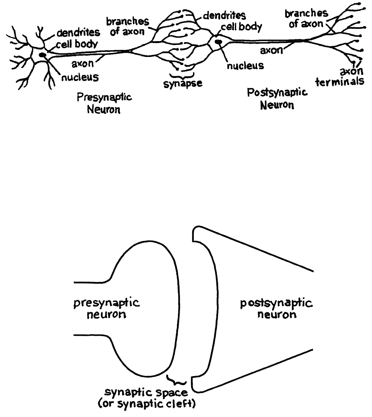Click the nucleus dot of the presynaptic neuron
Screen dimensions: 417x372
coord(43,55)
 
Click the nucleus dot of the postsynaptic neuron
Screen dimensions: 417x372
coord(218,43)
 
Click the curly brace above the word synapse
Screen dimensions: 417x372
coord(182,75)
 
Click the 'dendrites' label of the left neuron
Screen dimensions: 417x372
coord(78,33)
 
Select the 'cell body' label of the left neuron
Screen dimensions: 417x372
coord(77,45)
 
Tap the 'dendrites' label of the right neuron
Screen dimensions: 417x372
coord(224,16)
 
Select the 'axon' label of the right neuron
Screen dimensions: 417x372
coord(271,50)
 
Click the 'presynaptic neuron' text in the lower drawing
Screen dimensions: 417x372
coord(107,308)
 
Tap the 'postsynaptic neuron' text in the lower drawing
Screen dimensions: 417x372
coord(277,308)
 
